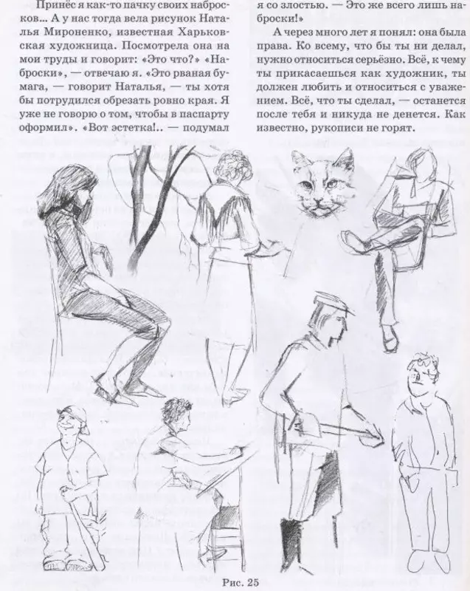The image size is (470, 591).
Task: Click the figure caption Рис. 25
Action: (241, 582)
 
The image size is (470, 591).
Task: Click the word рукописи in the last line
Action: (336, 128)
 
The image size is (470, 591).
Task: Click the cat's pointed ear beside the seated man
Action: (346, 158)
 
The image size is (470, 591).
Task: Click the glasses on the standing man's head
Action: (425, 363)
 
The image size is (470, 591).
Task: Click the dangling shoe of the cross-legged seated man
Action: (390, 338)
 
